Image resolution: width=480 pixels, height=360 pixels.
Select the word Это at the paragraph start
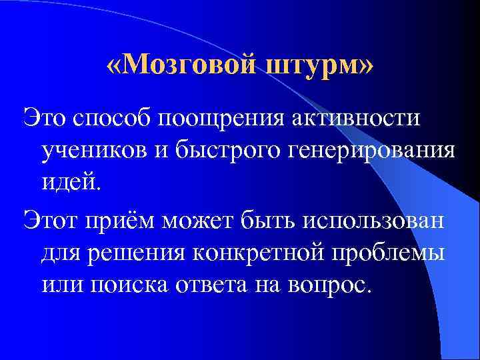tap(45, 117)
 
